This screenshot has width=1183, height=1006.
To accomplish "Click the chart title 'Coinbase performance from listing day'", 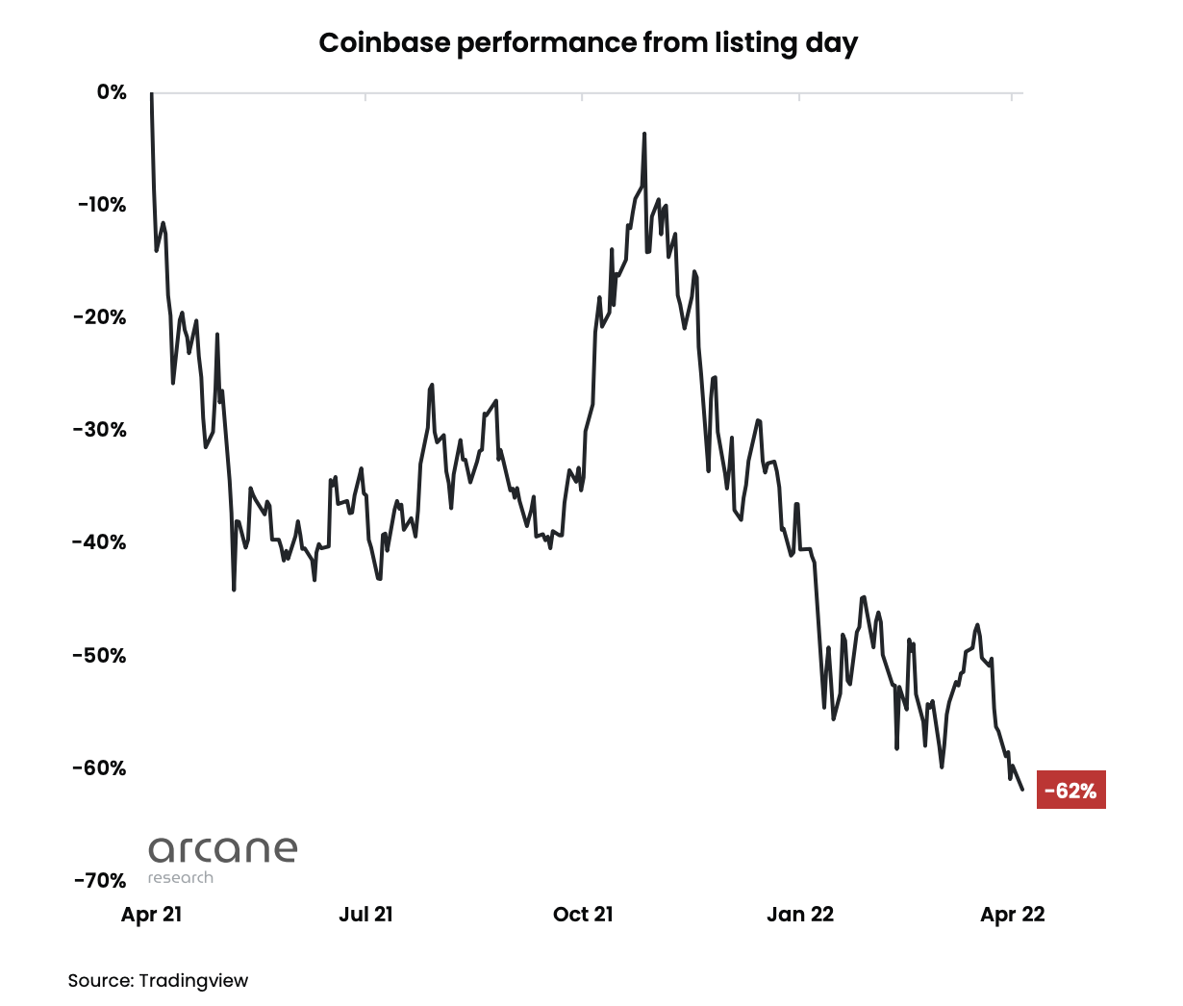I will coord(588,43).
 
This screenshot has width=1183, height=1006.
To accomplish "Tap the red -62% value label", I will coord(1070,791).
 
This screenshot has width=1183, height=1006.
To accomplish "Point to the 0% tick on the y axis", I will coord(112,92).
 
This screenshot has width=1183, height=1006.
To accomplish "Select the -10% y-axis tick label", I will coord(100,205).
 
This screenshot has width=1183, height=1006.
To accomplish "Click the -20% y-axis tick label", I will coord(100,317).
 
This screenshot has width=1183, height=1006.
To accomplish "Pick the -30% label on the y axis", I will coord(100,430).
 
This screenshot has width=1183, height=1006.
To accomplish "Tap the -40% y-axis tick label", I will coord(100,542).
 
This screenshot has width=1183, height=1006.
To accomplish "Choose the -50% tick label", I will coord(100,656).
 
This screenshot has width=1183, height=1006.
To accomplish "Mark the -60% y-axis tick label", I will coord(100,768).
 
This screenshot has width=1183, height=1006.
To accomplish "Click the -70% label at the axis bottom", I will coord(100,881).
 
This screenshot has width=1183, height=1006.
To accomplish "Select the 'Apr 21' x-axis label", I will coord(151,915).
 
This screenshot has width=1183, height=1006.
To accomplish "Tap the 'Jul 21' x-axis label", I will coord(365,915).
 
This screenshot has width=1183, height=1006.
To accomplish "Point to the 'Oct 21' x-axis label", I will coord(583,915).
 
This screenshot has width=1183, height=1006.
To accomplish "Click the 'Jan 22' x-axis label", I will coord(800,915).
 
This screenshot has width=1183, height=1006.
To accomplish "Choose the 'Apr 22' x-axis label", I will coord(1012,915).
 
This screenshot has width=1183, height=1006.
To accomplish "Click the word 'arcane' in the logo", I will coord(223,849).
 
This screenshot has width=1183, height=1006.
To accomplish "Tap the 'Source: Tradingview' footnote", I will coord(158,981).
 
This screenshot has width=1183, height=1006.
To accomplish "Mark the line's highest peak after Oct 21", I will coord(644,135).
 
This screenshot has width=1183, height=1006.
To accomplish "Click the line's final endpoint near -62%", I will coord(1022,790).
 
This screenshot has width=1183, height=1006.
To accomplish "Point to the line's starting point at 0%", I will coord(152,94).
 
